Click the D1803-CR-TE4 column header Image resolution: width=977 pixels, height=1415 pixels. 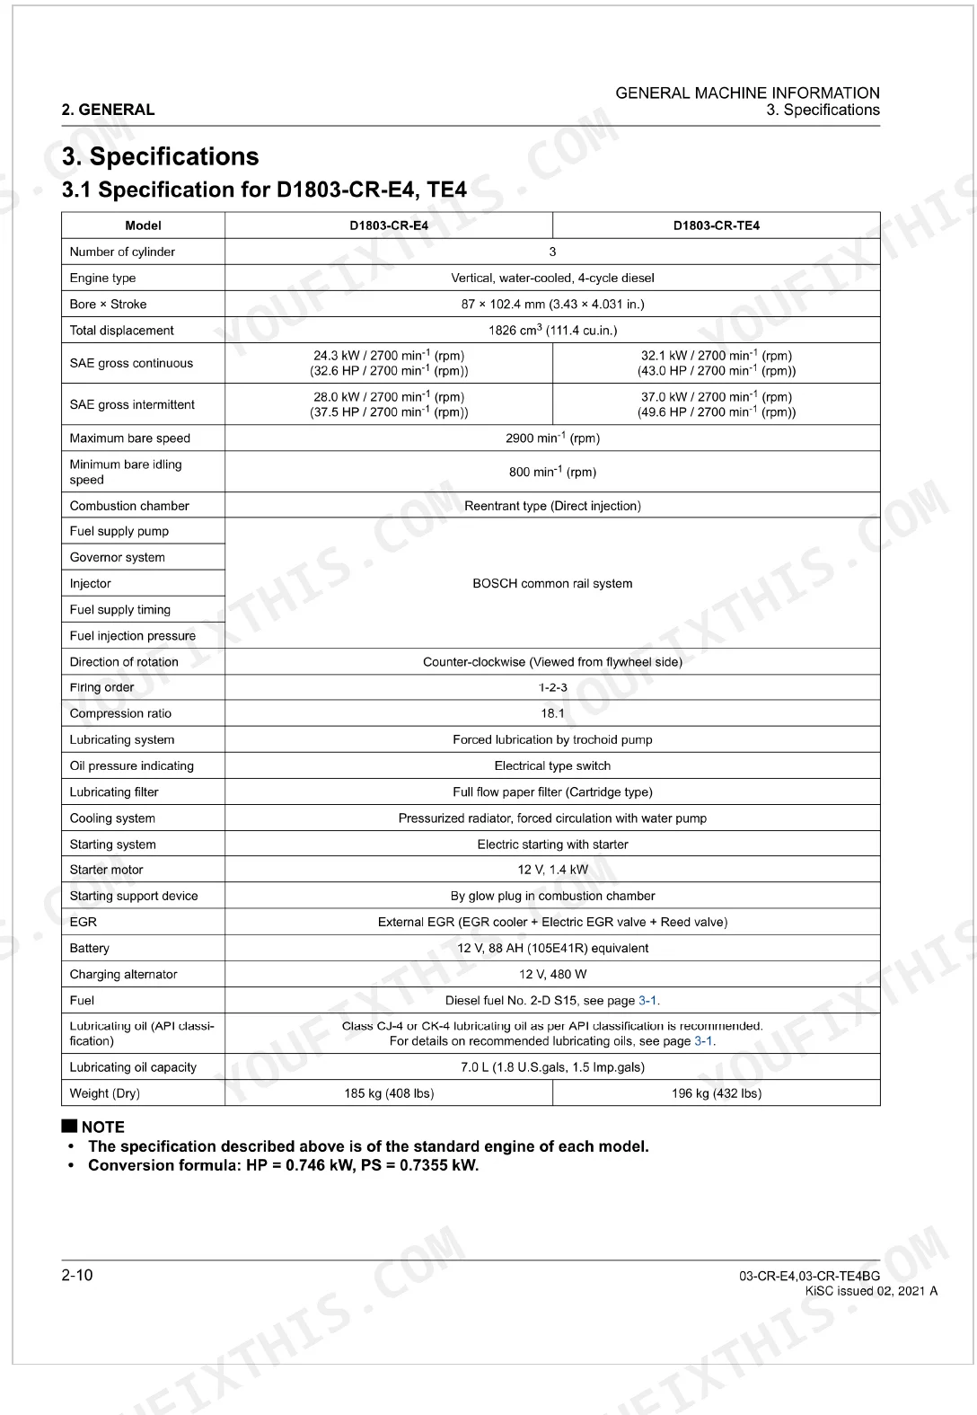(716, 226)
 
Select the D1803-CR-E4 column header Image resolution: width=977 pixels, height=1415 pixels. (389, 226)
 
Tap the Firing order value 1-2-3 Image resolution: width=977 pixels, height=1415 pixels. (552, 687)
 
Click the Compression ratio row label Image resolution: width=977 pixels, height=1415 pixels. (120, 713)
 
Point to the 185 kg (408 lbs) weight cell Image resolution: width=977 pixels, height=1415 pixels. (389, 1093)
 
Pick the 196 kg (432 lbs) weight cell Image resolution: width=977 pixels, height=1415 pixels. (716, 1093)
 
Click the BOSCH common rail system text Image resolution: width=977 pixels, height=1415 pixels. (552, 583)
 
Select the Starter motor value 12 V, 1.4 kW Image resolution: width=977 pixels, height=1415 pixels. (552, 870)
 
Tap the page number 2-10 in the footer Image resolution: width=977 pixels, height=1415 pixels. (77, 1276)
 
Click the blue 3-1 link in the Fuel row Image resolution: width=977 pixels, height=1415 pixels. (648, 1000)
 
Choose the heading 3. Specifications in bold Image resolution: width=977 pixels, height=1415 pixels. (160, 156)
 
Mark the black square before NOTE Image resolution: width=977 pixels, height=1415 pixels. (69, 1126)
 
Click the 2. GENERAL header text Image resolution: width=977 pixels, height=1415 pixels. (108, 110)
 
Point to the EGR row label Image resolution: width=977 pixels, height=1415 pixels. (84, 922)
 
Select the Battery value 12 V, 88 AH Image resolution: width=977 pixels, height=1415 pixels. (552, 948)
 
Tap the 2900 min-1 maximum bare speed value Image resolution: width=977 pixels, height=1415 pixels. (552, 438)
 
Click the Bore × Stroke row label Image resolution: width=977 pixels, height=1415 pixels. (108, 304)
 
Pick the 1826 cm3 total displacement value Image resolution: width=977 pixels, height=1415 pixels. (552, 330)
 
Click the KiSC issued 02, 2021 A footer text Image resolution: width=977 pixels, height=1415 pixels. (871, 1291)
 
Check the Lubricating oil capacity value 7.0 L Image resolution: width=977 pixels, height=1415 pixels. (552, 1067)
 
